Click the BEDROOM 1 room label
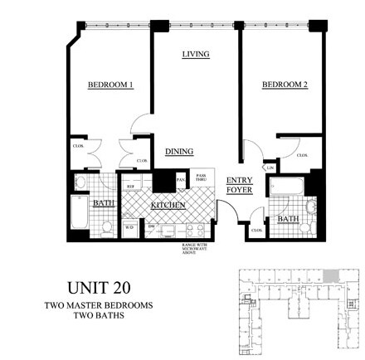(x=110, y=85)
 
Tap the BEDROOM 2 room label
(x=285, y=85)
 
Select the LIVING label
(x=195, y=54)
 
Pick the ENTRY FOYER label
(x=240, y=185)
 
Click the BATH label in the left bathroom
(x=103, y=202)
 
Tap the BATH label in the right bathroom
(x=288, y=219)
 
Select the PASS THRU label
(x=201, y=178)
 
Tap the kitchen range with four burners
(x=194, y=229)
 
